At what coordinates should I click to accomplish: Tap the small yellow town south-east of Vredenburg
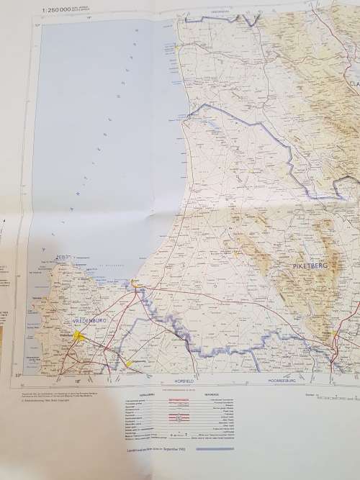click(128, 363)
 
